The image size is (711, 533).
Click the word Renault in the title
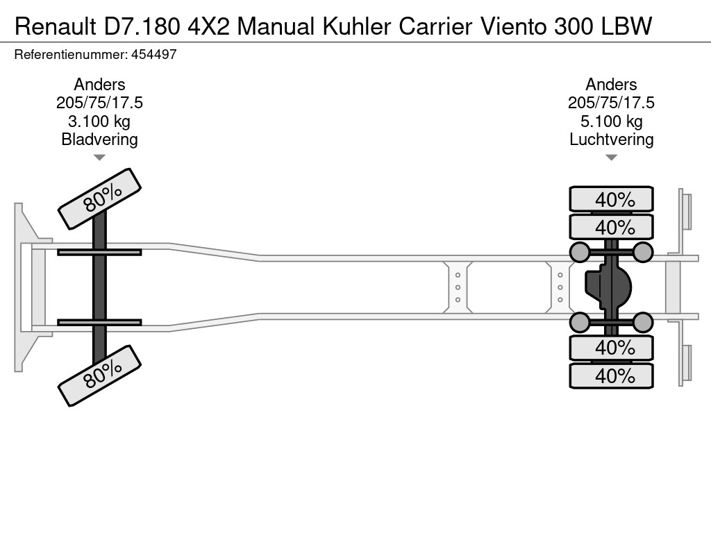click(55, 26)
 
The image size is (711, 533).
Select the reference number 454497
click(153, 54)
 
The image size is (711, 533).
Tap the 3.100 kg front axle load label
click(99, 121)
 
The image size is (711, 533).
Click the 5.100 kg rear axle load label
click(611, 121)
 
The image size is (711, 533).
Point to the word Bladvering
click(99, 139)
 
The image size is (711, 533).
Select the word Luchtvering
click(611, 139)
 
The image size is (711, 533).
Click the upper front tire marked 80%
click(99, 198)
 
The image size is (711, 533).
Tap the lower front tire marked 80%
click(99, 375)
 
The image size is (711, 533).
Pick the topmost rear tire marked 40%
click(611, 199)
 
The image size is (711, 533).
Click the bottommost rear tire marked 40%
click(611, 376)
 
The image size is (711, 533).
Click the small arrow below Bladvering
click(99, 158)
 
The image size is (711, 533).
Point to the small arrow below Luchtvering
click(611, 158)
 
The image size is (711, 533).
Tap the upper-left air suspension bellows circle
click(580, 252)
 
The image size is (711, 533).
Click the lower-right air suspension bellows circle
click(643, 322)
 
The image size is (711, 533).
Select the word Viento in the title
click(512, 26)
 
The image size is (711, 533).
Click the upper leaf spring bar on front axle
click(99, 252)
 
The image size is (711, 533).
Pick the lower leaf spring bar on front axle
click(99, 322)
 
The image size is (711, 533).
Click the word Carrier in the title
click(436, 26)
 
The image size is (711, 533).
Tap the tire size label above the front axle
click(99, 103)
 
